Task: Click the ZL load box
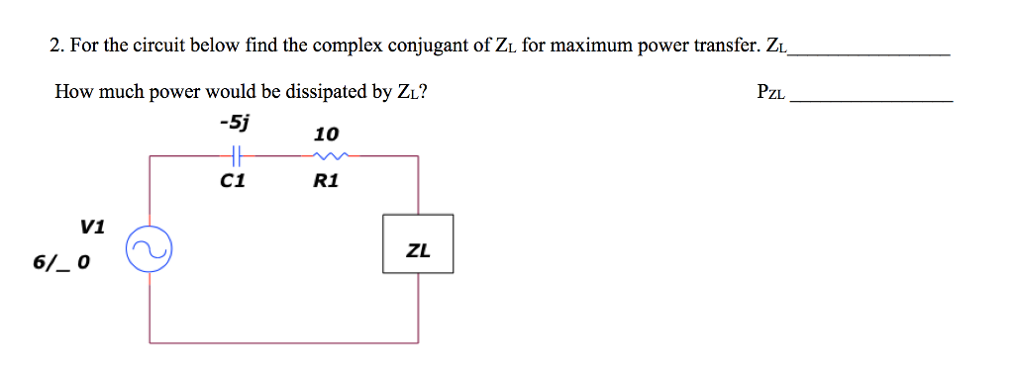pyautogui.click(x=418, y=244)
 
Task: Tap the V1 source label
pyautogui.click(x=91, y=226)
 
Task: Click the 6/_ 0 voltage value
pyautogui.click(x=61, y=263)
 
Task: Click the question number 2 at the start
pyautogui.click(x=55, y=46)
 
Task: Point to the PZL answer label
pyautogui.click(x=770, y=94)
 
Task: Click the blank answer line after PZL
pyautogui.click(x=872, y=100)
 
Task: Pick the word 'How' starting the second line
pyautogui.click(x=73, y=93)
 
